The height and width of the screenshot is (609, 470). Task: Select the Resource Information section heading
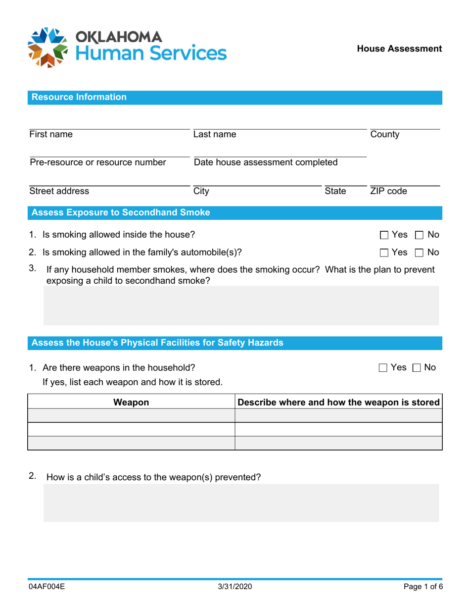point(79,98)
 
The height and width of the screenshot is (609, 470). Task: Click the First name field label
point(51,135)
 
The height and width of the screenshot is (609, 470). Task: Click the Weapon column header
point(131,403)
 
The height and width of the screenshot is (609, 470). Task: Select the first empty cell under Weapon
point(131,415)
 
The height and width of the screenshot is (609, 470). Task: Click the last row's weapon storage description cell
point(338,443)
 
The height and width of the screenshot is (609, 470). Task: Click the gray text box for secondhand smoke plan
point(241,307)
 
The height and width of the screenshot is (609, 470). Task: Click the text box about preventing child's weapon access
point(241,503)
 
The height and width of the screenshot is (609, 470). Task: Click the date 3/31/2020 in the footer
point(235,588)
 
